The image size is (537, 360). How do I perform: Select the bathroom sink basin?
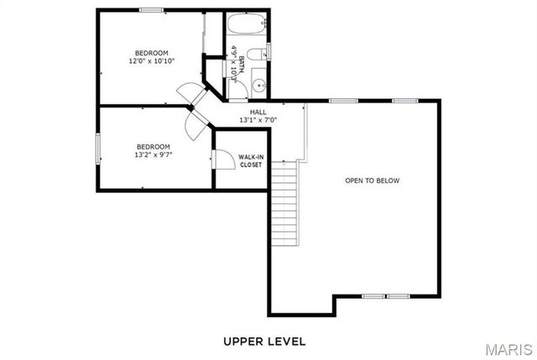(259, 84)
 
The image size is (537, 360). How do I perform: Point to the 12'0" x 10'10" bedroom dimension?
(152, 61)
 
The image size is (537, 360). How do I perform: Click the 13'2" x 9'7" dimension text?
(152, 154)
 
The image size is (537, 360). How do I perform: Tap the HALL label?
(258, 112)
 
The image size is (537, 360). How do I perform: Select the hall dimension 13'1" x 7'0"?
(258, 120)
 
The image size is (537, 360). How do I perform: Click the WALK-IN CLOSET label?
(250, 161)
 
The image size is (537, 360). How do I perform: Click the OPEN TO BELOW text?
(373, 180)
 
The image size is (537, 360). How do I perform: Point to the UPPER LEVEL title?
(264, 342)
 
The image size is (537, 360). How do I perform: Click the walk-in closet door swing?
(223, 159)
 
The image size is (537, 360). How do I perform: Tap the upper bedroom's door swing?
(190, 91)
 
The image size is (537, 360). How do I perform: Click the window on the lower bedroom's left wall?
(98, 149)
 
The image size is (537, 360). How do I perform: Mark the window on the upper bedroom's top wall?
(151, 10)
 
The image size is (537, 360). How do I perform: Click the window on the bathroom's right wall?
(270, 54)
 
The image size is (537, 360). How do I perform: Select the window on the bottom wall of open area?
(385, 296)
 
